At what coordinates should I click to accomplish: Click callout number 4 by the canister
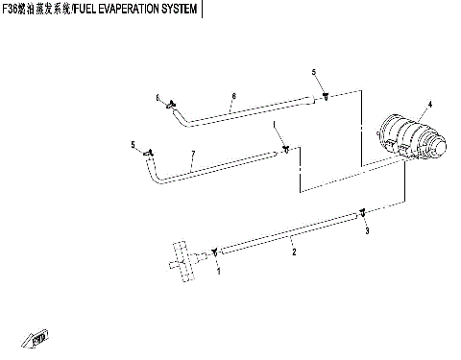coord(429,104)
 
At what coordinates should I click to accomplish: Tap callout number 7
coord(193,155)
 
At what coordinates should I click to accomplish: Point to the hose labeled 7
coord(211,166)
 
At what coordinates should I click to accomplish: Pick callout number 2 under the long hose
coord(294,252)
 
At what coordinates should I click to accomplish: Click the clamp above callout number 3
coord(362,212)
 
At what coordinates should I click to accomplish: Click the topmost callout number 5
coord(313,73)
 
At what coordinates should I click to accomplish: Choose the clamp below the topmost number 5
coord(327,96)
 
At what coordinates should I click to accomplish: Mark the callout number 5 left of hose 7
coord(133,144)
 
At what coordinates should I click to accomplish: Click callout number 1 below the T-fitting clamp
coord(219,272)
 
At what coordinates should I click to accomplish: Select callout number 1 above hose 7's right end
coord(274,126)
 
